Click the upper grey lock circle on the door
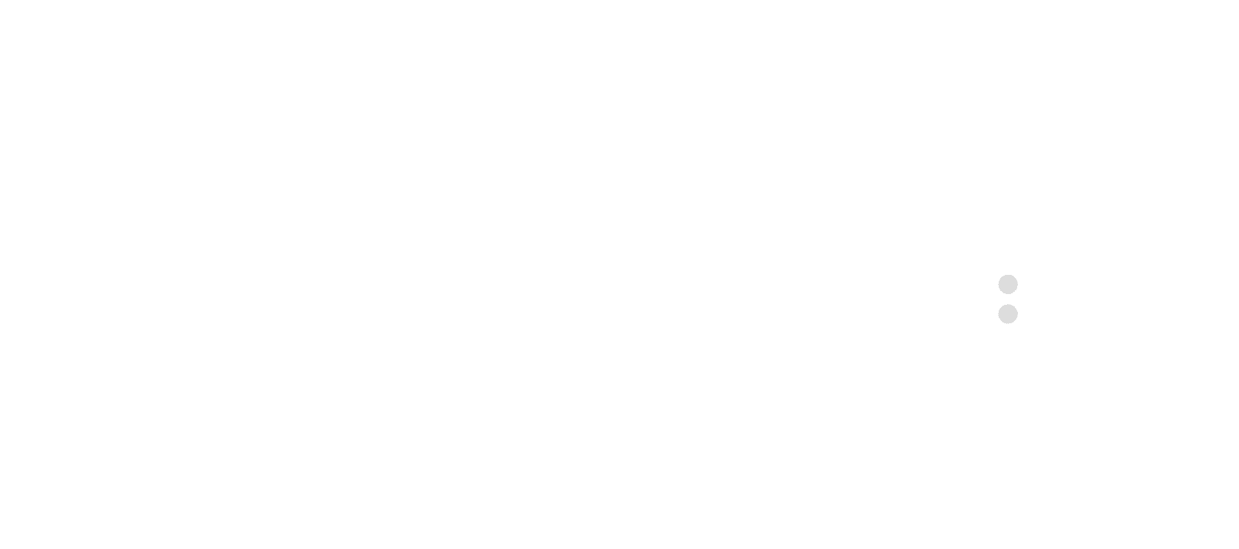click(1008, 284)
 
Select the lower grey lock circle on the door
click(1008, 313)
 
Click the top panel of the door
click(1102, 170)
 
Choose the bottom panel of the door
click(1102, 437)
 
